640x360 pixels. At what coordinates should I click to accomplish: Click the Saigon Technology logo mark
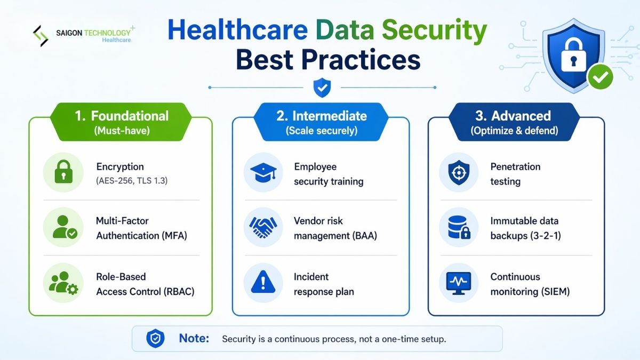point(41,36)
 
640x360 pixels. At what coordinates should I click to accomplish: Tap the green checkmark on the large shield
point(600,78)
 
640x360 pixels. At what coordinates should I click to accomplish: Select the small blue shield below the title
point(322,87)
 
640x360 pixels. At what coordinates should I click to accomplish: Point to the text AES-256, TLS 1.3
point(131,181)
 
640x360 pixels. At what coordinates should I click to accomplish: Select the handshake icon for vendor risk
point(263,228)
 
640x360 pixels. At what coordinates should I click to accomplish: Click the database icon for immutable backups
point(459,228)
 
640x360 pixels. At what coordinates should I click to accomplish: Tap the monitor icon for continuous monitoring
point(459,283)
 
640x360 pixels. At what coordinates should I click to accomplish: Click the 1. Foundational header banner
point(121,122)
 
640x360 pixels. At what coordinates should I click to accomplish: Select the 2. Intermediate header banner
point(321,122)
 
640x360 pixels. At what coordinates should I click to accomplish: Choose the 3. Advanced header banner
point(514,122)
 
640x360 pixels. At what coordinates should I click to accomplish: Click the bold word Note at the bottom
point(194,339)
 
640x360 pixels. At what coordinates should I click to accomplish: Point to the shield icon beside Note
point(155,339)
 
